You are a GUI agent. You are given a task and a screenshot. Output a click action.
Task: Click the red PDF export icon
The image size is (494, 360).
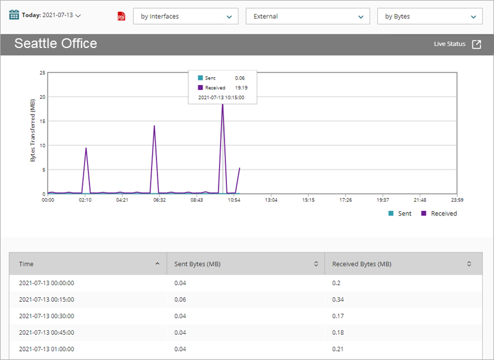(121, 17)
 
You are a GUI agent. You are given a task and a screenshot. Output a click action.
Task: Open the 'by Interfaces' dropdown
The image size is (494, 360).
(186, 17)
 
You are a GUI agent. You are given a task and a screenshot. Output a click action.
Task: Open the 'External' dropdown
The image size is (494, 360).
(308, 17)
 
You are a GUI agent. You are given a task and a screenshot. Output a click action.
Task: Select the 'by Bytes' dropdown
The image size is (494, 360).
(429, 17)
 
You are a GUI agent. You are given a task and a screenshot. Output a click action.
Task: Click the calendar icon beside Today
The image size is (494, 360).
(14, 15)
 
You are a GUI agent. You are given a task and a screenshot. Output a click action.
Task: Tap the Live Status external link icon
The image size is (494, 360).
(476, 44)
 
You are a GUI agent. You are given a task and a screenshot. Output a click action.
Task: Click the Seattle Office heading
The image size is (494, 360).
(55, 43)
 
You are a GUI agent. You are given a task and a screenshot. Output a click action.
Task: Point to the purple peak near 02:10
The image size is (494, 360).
(86, 148)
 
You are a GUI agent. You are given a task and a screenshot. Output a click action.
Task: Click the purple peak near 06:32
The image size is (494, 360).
(154, 126)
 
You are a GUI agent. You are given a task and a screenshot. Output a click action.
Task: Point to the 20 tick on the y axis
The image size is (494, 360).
(42, 97)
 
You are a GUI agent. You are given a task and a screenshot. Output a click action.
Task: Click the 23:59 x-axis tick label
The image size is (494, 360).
(456, 200)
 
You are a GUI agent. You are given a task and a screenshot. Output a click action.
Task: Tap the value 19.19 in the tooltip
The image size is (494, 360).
(241, 87)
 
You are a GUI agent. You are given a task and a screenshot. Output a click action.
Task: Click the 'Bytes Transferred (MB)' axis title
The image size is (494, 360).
(33, 130)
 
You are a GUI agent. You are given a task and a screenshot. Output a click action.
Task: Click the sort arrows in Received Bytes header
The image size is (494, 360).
(469, 264)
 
